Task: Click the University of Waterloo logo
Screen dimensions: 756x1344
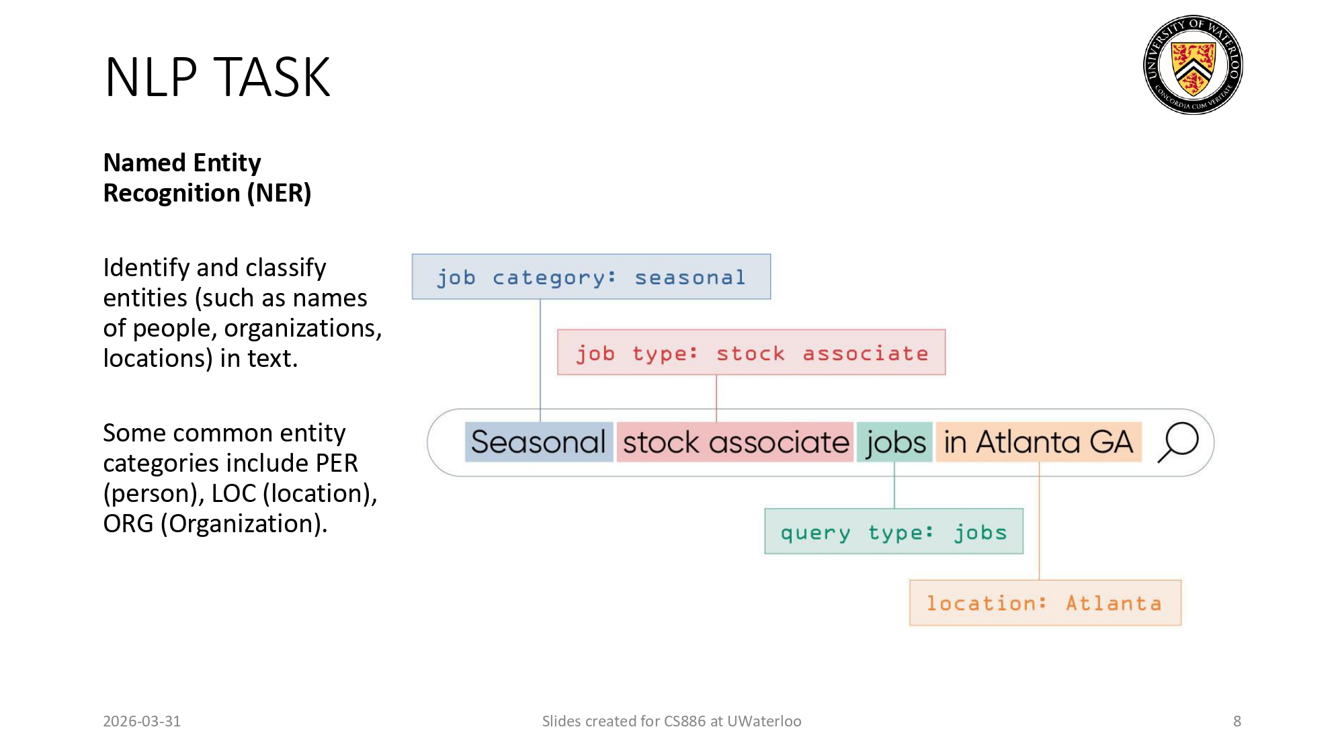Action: click(1193, 65)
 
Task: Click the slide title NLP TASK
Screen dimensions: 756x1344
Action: click(217, 78)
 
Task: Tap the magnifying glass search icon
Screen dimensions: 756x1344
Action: click(1178, 442)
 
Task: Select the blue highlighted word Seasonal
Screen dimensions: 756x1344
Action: click(538, 442)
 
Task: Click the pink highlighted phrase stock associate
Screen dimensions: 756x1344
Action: click(735, 442)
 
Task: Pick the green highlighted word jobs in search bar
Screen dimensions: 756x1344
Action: click(895, 442)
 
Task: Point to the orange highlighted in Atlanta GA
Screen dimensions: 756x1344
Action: click(1038, 442)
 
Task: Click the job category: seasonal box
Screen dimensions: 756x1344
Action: click(591, 277)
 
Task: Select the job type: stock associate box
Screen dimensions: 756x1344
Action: click(751, 353)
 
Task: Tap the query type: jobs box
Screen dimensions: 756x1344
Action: click(893, 532)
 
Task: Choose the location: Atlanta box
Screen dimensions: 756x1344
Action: click(1045, 603)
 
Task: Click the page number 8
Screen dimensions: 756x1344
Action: click(1236, 721)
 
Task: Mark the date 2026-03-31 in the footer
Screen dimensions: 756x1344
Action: click(142, 721)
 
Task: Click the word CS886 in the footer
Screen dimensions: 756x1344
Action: click(684, 721)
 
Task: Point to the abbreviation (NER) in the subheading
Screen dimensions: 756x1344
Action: click(279, 194)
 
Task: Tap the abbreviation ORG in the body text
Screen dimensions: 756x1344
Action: click(128, 524)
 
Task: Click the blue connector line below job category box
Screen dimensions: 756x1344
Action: click(540, 356)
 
